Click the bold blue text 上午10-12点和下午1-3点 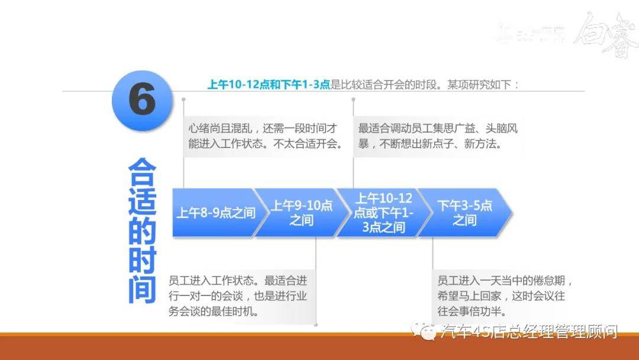click(269, 85)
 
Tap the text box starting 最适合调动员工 click(438, 136)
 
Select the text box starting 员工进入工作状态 click(240, 295)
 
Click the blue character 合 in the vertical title click(142, 173)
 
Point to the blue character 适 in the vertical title click(142, 202)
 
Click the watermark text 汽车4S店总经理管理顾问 click(530, 332)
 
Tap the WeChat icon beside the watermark click(427, 332)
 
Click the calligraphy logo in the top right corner click(603, 34)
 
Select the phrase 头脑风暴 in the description click(495, 136)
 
